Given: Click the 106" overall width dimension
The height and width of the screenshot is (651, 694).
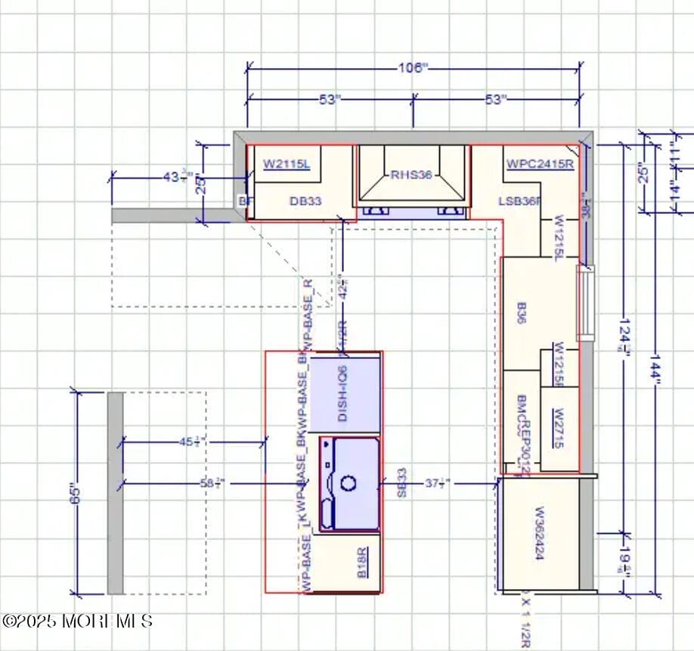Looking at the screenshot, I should coord(413,68).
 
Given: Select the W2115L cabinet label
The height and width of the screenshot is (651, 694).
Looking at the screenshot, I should coord(287,163).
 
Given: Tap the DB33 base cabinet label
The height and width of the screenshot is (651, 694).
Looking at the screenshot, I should coord(305,201).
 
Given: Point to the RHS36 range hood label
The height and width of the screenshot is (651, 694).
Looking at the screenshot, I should coord(411,175).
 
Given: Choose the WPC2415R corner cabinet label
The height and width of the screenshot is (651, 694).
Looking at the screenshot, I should coord(540,163).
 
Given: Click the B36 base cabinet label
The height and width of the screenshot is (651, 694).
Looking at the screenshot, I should coord(522,313).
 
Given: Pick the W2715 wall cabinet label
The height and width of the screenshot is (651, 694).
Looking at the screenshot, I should coord(559,429).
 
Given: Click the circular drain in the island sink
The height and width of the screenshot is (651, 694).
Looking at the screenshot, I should coord(349,482).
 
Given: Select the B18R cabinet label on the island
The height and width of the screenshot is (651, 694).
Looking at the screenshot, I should coord(363,563).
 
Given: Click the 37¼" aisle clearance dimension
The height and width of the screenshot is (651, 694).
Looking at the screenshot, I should coord(437,483).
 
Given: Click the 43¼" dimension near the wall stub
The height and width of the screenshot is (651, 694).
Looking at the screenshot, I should coord(178,177).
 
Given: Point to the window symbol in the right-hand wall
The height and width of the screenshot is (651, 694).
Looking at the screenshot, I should coord(586,302).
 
